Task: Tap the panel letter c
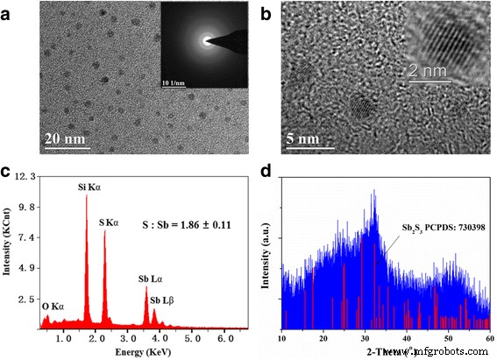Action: [8, 173]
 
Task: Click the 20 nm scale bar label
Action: [65, 138]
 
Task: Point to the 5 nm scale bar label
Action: [302, 138]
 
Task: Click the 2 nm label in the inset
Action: [432, 68]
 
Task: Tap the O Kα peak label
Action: [53, 307]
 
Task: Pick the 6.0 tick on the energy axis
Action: [225, 337]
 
